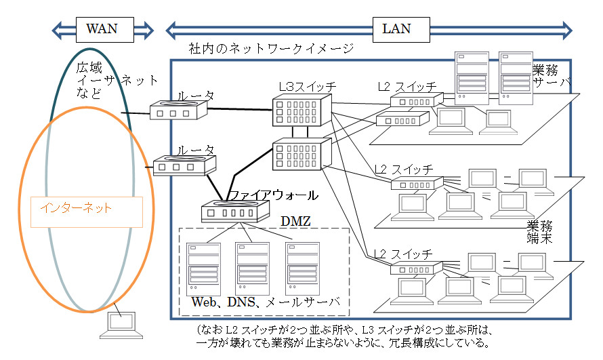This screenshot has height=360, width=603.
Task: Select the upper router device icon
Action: pyautogui.click(x=178, y=111)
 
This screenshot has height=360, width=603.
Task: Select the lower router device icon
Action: pyautogui.click(x=184, y=166)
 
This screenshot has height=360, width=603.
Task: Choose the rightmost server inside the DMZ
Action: pyautogui.click(x=302, y=267)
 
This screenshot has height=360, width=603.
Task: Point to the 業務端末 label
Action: pyautogui.click(x=540, y=232)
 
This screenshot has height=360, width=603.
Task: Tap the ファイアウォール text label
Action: pyautogui.click(x=272, y=196)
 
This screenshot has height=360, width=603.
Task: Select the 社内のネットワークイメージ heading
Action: pyautogui.click(x=271, y=49)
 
